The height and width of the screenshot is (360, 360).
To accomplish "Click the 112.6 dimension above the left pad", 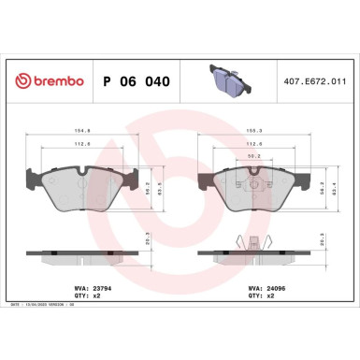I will coord(82,144).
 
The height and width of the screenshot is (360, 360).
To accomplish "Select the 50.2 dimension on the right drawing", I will coord(254,158).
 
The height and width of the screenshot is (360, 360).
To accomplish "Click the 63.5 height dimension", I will coord(159,187).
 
